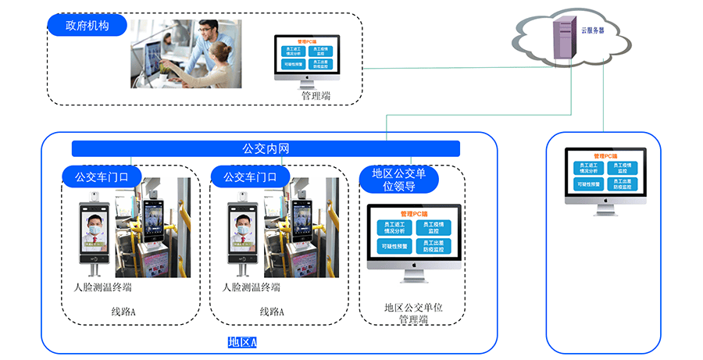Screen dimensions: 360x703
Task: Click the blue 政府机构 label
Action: [87, 26]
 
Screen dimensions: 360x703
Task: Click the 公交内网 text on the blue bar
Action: [266, 148]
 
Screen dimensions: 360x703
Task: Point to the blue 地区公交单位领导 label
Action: [398, 180]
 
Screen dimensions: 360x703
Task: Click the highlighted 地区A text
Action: [242, 342]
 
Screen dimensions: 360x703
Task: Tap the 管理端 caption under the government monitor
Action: [316, 95]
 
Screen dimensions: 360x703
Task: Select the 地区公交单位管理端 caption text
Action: [413, 313]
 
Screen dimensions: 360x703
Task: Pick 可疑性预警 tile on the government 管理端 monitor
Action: [294, 65]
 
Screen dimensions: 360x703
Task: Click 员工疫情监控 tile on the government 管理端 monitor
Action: [320, 52]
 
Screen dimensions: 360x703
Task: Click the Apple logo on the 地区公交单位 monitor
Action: [413, 266]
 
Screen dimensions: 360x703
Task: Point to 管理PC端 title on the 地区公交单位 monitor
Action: [413, 213]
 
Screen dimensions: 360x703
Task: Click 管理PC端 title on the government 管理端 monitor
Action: [307, 41]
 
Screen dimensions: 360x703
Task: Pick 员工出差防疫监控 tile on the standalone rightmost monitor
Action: [626, 184]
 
